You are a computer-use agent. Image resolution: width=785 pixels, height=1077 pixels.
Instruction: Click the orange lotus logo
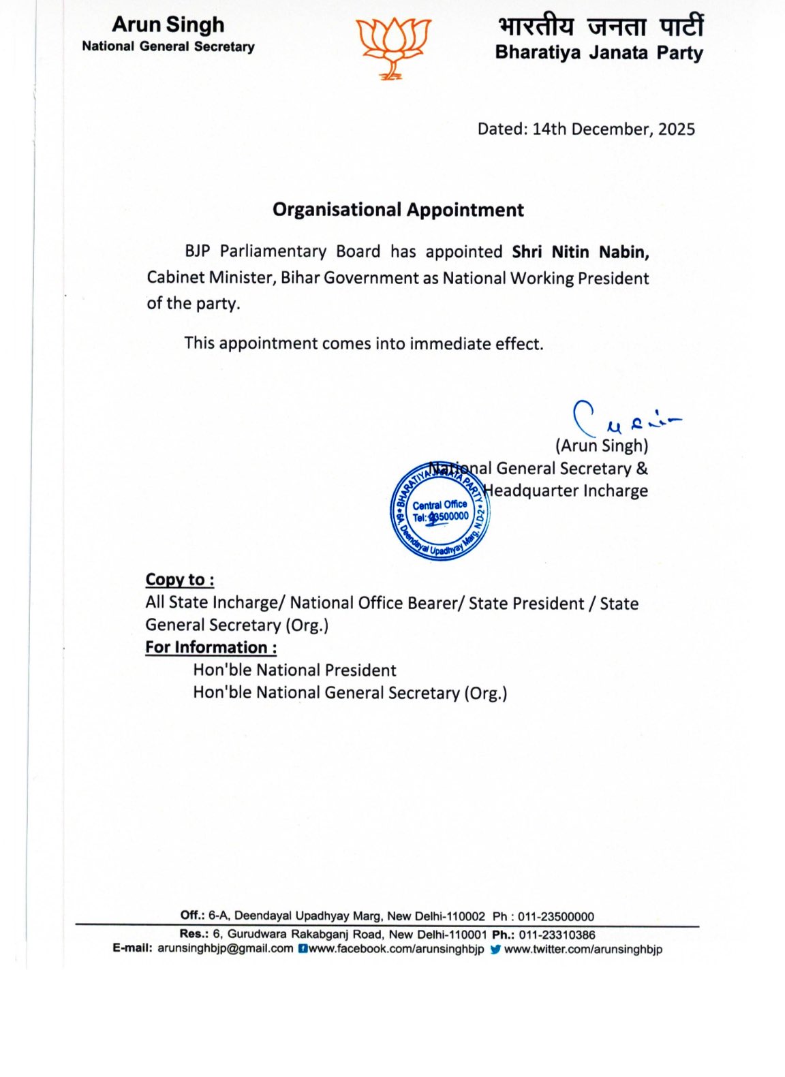click(392, 47)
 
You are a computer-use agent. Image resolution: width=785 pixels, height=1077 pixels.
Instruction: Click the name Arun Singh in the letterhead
click(168, 25)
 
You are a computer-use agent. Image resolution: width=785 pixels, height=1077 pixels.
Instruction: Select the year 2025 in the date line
click(676, 129)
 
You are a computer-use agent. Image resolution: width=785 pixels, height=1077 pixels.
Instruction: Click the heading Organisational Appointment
click(398, 210)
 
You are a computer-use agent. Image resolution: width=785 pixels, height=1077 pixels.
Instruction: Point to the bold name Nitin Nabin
click(600, 252)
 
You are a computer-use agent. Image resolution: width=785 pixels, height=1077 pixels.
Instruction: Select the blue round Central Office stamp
click(440, 511)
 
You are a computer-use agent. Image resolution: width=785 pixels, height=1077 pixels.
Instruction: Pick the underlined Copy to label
click(180, 580)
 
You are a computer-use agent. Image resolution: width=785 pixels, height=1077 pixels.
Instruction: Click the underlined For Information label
click(211, 647)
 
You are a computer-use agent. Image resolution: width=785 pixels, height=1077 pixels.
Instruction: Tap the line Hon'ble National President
click(294, 670)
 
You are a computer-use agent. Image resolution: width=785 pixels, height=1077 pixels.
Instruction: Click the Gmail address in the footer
click(225, 948)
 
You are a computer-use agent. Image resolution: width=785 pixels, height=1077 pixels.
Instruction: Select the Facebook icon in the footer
click(303, 949)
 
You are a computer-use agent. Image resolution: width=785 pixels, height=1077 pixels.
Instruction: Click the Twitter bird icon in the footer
click(495, 949)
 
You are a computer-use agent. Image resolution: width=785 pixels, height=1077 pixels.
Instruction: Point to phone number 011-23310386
click(557, 935)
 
